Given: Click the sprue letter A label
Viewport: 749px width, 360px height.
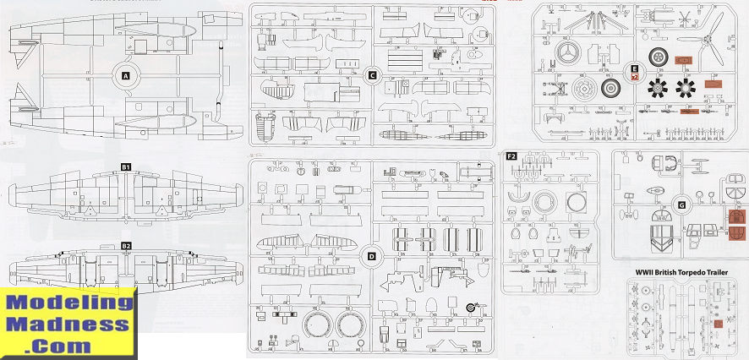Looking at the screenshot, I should click(126, 76).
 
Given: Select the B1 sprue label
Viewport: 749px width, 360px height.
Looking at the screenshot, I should click(125, 167).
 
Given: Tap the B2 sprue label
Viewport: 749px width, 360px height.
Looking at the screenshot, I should click(126, 246).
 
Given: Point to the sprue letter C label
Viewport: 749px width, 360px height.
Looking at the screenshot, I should click(372, 75).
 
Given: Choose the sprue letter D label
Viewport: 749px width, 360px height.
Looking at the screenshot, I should click(372, 256).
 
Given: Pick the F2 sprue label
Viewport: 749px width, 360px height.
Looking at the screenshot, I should click(511, 157).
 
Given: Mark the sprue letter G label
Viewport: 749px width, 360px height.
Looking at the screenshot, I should click(681, 205).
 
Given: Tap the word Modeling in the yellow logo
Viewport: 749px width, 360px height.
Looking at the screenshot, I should click(68, 303).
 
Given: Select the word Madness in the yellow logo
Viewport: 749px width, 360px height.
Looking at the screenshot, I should click(68, 324).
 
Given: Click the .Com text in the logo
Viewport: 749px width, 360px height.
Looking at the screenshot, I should click(68, 345).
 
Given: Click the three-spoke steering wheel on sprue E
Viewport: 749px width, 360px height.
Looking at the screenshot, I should click(568, 52).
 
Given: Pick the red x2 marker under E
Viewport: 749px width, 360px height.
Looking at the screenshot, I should click(634, 77).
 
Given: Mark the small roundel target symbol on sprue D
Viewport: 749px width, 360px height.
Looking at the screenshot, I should click(471, 308).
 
